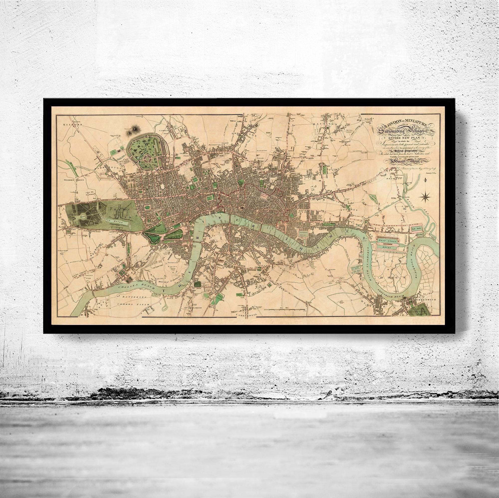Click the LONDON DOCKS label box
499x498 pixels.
click(304, 233)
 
